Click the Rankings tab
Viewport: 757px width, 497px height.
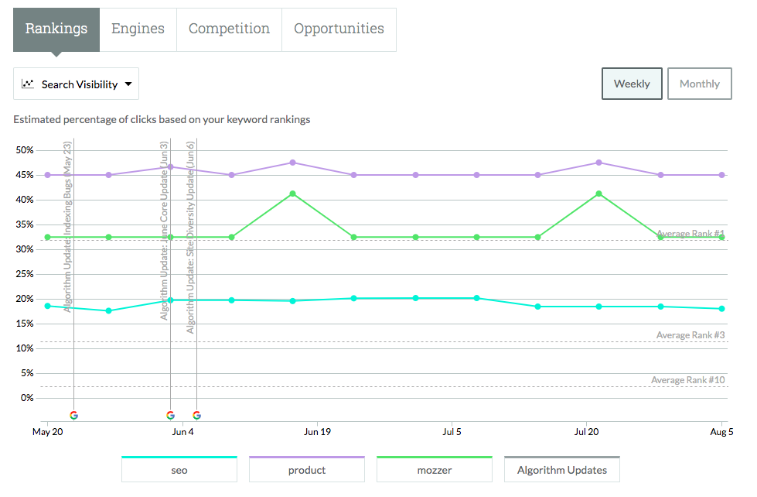(x=56, y=29)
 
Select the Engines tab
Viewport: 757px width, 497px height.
(x=138, y=29)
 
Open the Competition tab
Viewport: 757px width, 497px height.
(x=229, y=29)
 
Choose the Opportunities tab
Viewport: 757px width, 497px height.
(x=339, y=29)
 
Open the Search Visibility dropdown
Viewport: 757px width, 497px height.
(x=77, y=84)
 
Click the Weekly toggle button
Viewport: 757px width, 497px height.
(x=632, y=84)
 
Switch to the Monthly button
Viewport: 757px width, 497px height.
(x=699, y=84)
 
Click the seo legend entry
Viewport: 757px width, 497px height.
(x=179, y=470)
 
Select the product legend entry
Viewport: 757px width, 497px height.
(x=307, y=470)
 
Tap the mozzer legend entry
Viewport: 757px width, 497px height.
(x=434, y=470)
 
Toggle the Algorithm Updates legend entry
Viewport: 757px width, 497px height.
(x=562, y=470)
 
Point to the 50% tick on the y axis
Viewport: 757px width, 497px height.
(x=24, y=150)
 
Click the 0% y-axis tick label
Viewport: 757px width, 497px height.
(x=27, y=398)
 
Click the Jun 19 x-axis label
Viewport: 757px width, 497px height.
(x=318, y=432)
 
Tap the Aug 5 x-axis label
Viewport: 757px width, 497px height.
(x=721, y=432)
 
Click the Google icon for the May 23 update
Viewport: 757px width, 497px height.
(x=73, y=415)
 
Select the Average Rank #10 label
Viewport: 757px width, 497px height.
(x=687, y=380)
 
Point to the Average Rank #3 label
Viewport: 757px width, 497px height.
(x=690, y=335)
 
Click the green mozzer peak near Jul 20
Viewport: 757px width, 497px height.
(x=599, y=194)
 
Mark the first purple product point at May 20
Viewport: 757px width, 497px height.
(x=47, y=175)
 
